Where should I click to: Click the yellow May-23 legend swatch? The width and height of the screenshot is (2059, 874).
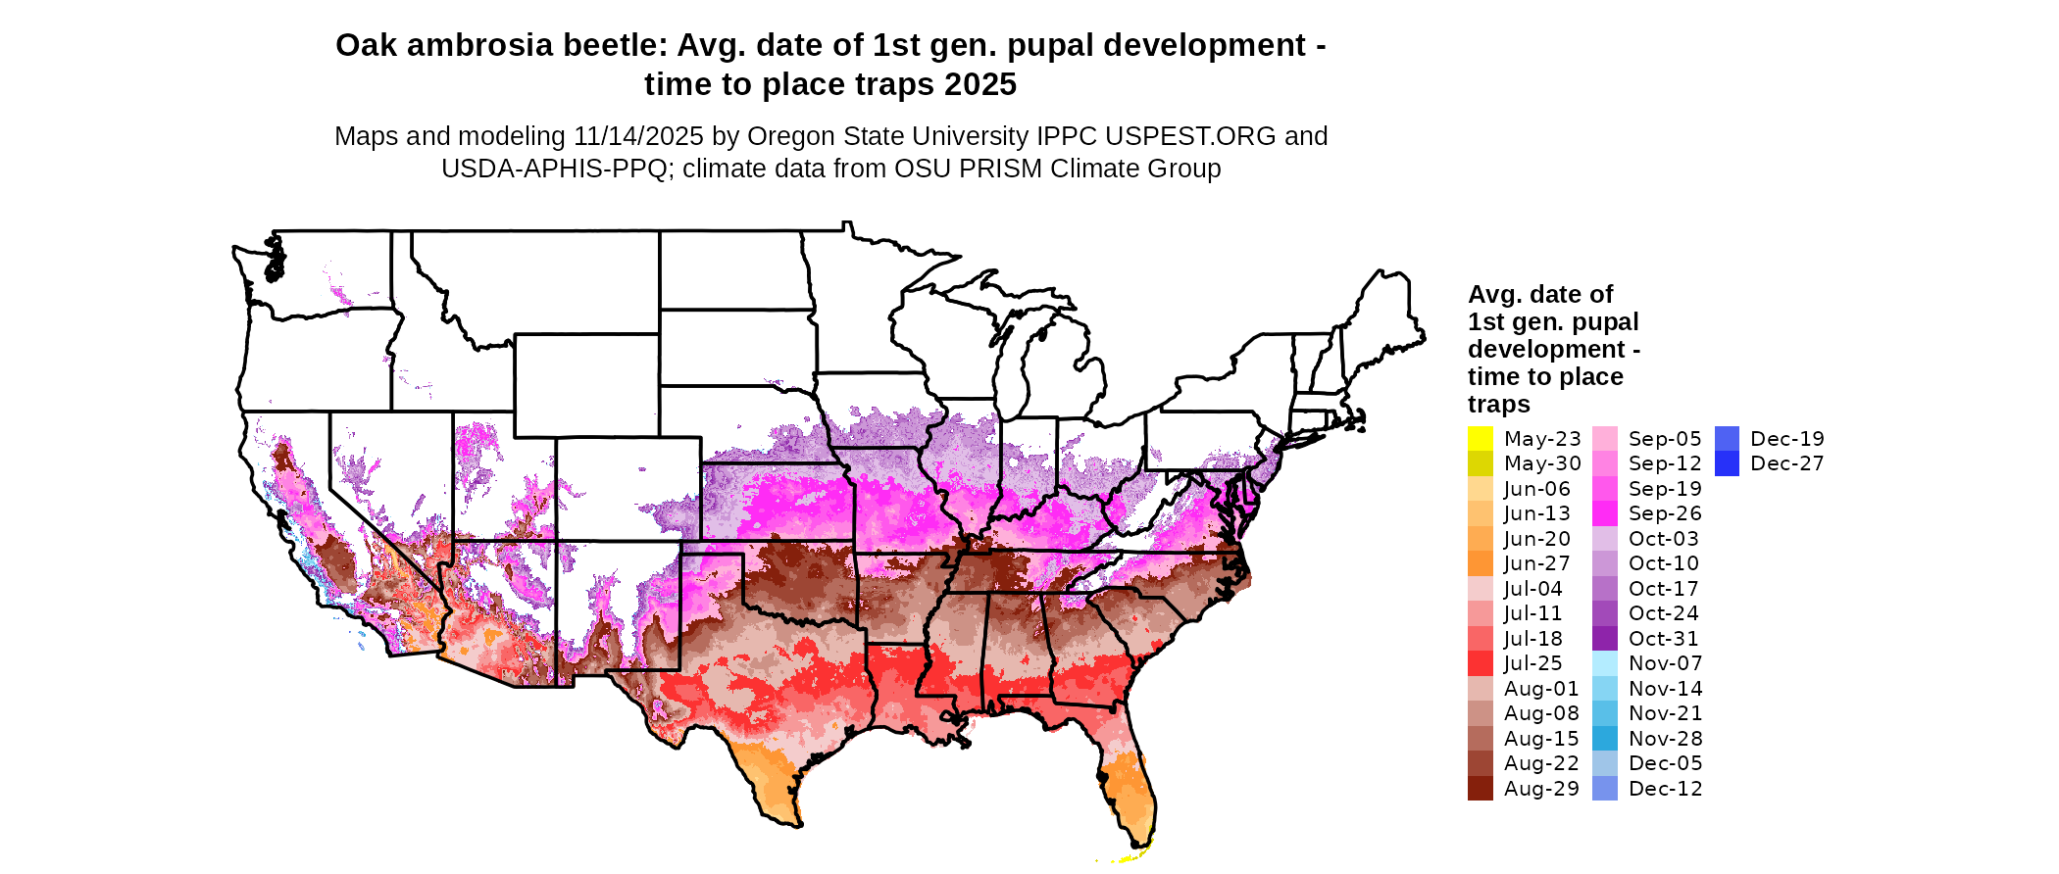pos(1480,439)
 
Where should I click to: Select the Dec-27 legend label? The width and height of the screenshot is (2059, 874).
pos(1786,463)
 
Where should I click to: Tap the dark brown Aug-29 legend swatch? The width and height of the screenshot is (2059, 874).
pos(1480,789)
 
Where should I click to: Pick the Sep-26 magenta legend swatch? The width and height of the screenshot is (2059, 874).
pos(1605,513)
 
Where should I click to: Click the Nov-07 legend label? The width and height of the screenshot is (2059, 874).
pos(1665,663)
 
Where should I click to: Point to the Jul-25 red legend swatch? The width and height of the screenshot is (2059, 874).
pos(1480,663)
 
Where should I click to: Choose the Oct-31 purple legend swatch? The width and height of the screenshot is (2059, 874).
pos(1605,639)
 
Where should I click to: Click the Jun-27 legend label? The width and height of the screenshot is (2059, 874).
pos(1536,563)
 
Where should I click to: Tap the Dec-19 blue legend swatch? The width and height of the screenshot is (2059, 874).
pos(1727,439)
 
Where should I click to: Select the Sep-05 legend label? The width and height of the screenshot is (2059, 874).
pos(1665,439)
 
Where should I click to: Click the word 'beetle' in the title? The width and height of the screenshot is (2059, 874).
pos(614,46)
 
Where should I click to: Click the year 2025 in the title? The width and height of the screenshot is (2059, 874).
pos(980,85)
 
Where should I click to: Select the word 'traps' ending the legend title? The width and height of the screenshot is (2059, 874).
pos(1498,405)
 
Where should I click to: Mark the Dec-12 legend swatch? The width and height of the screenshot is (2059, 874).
pos(1605,789)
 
